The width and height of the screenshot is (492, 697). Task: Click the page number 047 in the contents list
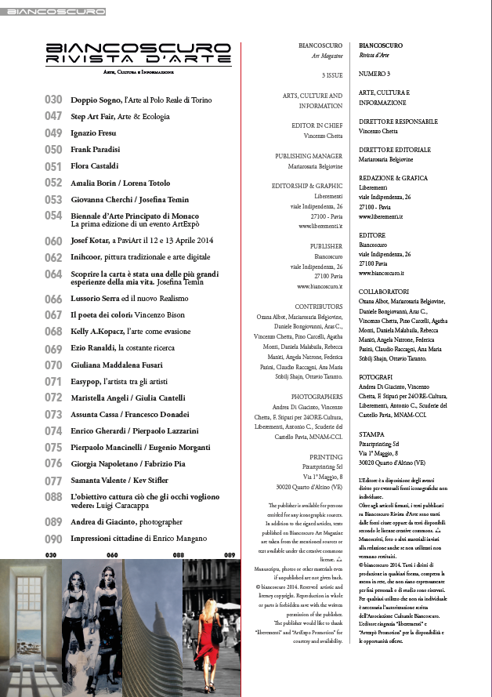click(x=53, y=116)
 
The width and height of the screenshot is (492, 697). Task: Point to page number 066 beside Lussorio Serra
click(x=53, y=299)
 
